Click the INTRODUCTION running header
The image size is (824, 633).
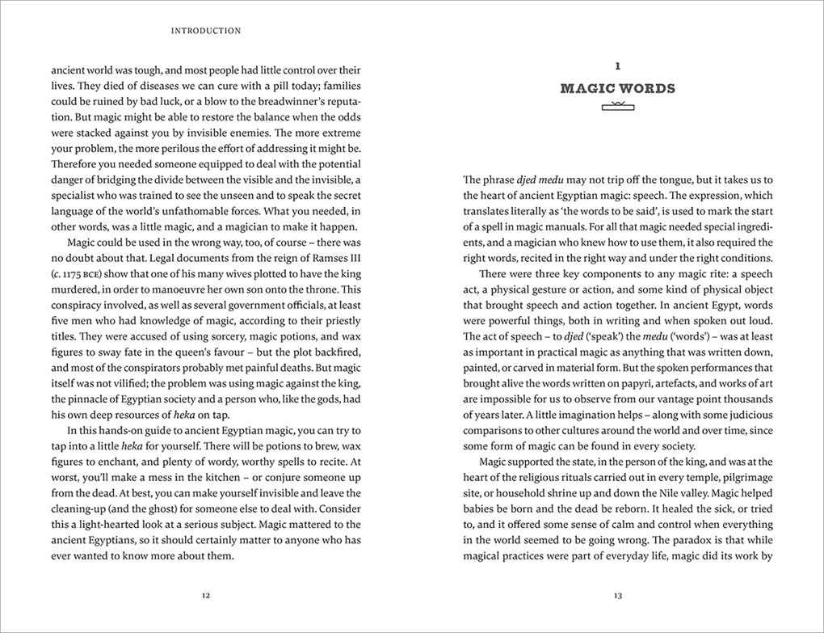[206, 31]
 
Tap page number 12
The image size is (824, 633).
[206, 596]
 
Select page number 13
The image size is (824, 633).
[618, 596]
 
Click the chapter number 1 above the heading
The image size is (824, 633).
[618, 66]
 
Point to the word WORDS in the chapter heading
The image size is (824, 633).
[646, 89]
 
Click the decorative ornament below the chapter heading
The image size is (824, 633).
[618, 106]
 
